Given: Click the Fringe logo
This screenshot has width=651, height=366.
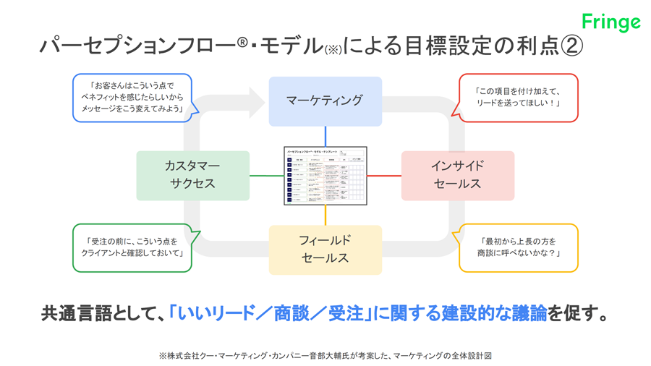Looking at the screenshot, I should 611,22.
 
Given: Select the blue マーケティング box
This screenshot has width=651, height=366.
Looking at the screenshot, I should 325,101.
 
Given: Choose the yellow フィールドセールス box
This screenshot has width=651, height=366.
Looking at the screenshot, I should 325,250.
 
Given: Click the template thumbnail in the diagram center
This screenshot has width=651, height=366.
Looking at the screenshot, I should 325,176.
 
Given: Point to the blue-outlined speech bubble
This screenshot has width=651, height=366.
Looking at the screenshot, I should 132,98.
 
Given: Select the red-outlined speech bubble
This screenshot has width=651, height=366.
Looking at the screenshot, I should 518,98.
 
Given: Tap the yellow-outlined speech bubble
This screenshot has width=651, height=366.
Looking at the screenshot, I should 518,247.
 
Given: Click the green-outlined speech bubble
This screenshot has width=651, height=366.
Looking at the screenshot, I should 132,247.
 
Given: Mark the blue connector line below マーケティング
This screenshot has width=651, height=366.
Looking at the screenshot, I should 325,137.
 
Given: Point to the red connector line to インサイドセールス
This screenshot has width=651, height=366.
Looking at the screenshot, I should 384,176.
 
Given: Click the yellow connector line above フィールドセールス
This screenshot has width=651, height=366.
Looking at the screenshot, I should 325,216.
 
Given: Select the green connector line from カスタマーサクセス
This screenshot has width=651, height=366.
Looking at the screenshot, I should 266,176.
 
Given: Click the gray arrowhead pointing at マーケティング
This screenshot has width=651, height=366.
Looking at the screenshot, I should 256,102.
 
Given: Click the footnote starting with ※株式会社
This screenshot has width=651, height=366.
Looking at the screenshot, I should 325,355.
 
